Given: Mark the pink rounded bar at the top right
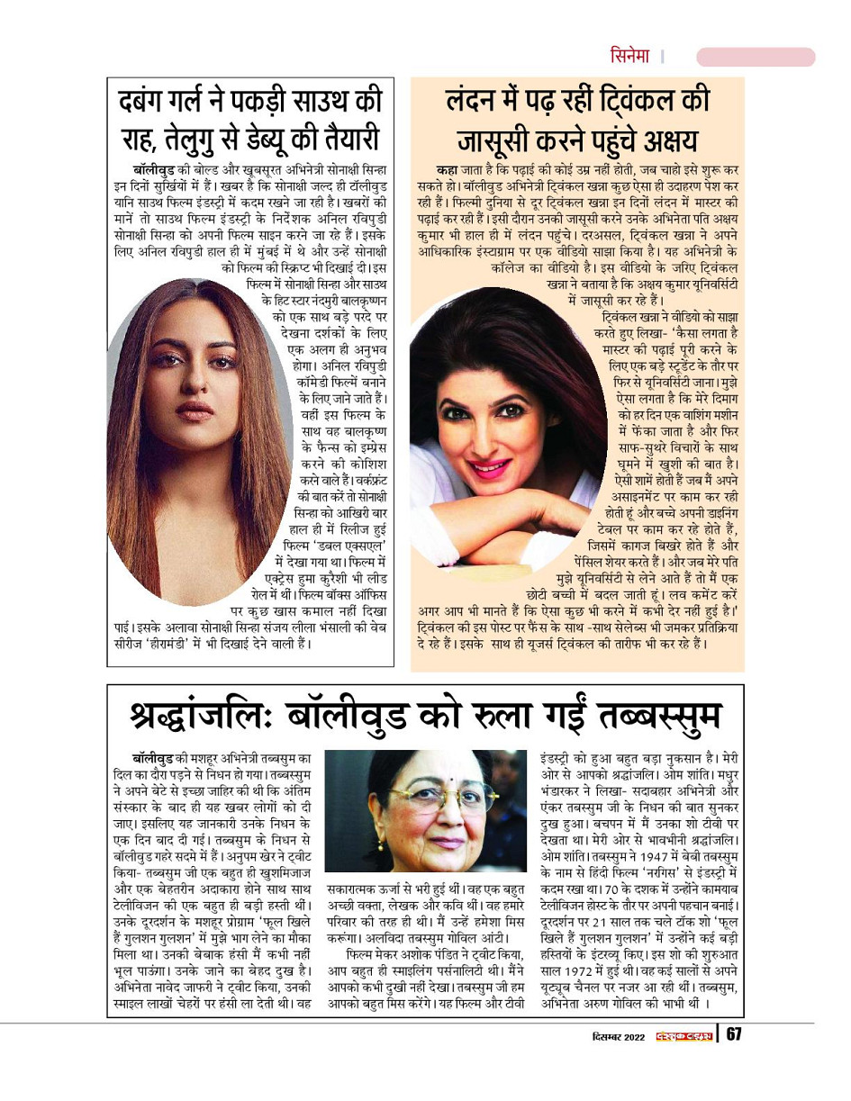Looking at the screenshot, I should pos(756,57).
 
